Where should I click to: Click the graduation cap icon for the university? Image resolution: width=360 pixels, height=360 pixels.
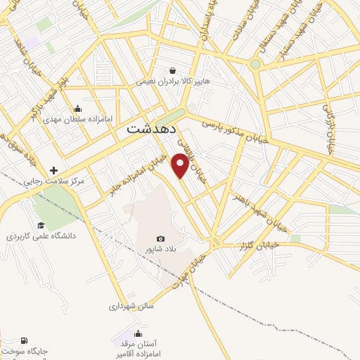[x=41, y=226]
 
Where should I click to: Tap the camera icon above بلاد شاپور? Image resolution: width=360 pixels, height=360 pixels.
[x=160, y=239]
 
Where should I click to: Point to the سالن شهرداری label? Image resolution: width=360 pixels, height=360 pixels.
[x=131, y=306]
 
